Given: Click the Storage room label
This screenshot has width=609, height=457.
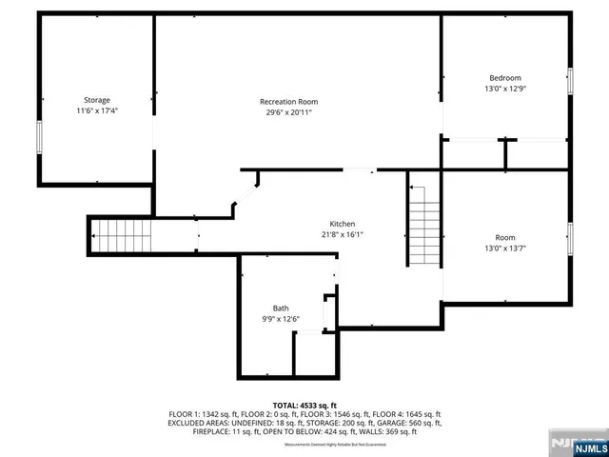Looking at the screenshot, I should pyautogui.click(x=96, y=100).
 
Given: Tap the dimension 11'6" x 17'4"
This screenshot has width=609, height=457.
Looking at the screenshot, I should pyautogui.click(x=96, y=110).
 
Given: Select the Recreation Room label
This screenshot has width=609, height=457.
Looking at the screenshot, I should pyautogui.click(x=288, y=102).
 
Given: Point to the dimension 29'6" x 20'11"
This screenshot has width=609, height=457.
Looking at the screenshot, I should pyautogui.click(x=288, y=112).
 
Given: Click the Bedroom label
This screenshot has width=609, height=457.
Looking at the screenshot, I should pyautogui.click(x=505, y=78).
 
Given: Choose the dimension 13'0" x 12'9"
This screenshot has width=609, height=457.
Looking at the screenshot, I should pyautogui.click(x=505, y=89).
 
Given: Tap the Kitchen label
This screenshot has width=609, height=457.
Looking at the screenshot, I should pyautogui.click(x=343, y=224).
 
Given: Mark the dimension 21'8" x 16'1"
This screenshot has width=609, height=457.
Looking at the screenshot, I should pyautogui.click(x=343, y=234).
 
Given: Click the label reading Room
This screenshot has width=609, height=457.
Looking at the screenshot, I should pyautogui.click(x=505, y=238).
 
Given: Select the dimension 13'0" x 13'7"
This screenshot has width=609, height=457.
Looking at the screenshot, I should pyautogui.click(x=505, y=248).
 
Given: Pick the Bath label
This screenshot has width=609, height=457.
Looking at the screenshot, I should pyautogui.click(x=281, y=308).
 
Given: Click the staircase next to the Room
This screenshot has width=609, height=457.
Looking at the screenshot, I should pyautogui.click(x=422, y=226).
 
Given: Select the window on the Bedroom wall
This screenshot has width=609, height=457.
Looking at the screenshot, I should pyautogui.click(x=570, y=81).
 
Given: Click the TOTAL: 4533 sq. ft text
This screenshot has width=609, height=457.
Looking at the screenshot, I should pyautogui.click(x=304, y=406).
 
